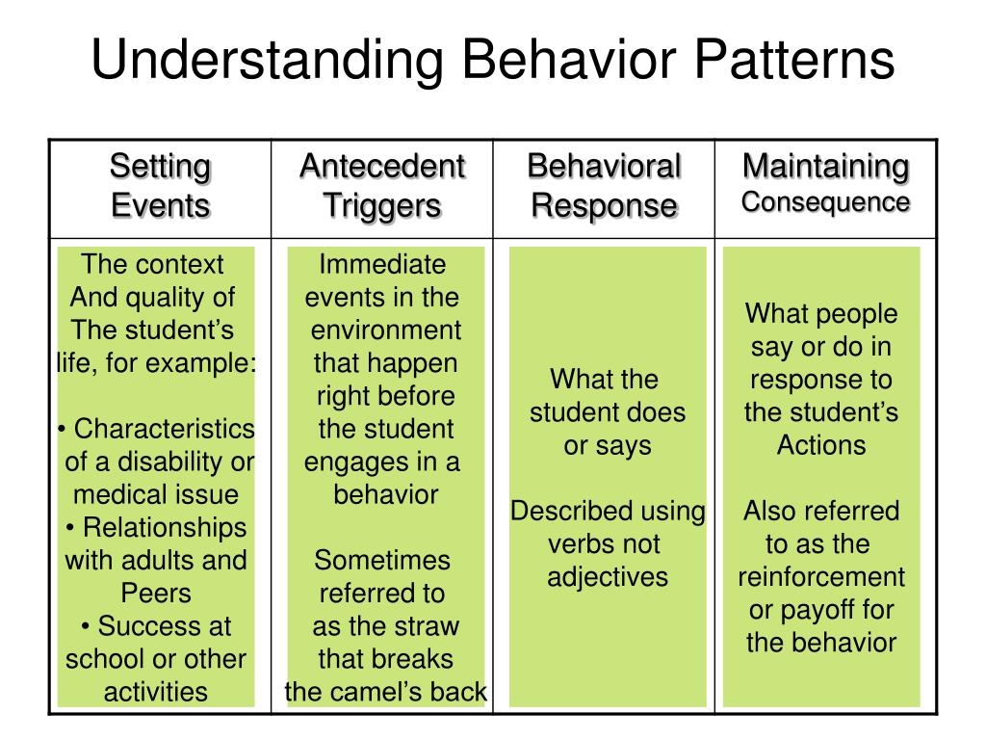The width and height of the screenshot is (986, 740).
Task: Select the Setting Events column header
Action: coord(160,186)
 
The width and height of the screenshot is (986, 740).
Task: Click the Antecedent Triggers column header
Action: coord(382,186)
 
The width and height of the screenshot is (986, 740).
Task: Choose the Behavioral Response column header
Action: coord(604,186)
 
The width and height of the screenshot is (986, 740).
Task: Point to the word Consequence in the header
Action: coord(825,202)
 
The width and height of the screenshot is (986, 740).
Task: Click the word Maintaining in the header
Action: coord(825,167)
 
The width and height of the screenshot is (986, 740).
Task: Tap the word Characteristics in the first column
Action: coord(164,429)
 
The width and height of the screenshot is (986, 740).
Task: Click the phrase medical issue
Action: coord(156,495)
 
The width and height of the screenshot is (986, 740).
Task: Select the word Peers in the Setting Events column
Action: coord(156,594)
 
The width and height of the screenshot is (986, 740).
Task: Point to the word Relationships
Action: coord(164,528)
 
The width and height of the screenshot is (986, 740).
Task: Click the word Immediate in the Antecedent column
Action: coord(382,264)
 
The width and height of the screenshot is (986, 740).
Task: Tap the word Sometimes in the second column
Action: coord(382,560)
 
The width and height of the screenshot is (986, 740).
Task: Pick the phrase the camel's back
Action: coord(386,692)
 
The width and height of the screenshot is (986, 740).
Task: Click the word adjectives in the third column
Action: coord(608,577)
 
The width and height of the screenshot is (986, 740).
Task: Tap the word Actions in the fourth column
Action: coord(821,445)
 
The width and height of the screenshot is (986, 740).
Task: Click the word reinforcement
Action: coord(821,577)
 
